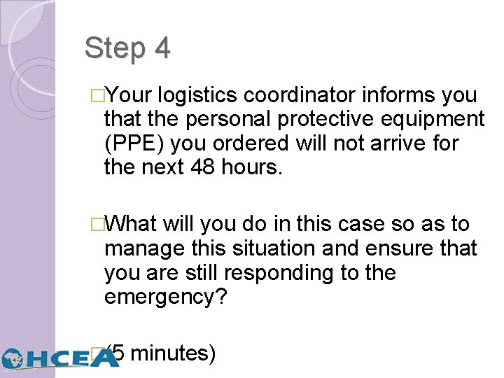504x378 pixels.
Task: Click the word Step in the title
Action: coord(112,49)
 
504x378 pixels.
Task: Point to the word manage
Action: coord(141,248)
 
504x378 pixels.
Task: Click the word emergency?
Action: coord(165,297)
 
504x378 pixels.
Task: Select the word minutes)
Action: coord(173,353)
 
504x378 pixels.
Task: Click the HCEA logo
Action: coord(59,358)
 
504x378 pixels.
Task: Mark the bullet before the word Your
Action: coord(97,96)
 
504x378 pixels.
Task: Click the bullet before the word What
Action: coord(97,225)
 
